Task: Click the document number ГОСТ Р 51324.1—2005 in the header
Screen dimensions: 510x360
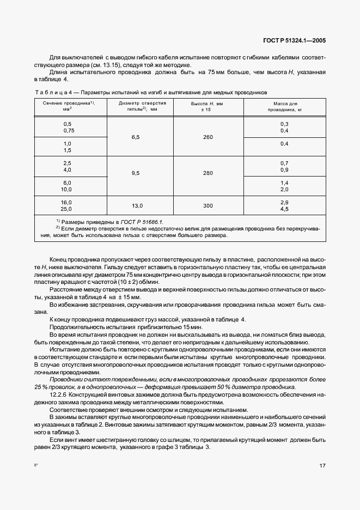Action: (x=294, y=41)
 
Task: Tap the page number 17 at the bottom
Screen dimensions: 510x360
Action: (x=322, y=466)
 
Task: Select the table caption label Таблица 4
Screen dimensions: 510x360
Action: (x=53, y=92)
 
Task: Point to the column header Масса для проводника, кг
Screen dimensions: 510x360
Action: (x=283, y=106)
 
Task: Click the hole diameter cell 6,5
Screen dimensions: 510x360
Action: (x=136, y=137)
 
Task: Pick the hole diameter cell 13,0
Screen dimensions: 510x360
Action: (x=136, y=205)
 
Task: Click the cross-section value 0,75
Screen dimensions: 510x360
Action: (x=69, y=131)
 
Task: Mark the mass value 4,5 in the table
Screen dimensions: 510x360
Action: (x=284, y=209)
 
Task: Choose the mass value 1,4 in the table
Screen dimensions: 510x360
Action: (x=284, y=183)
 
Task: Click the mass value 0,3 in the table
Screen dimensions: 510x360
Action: (x=284, y=124)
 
